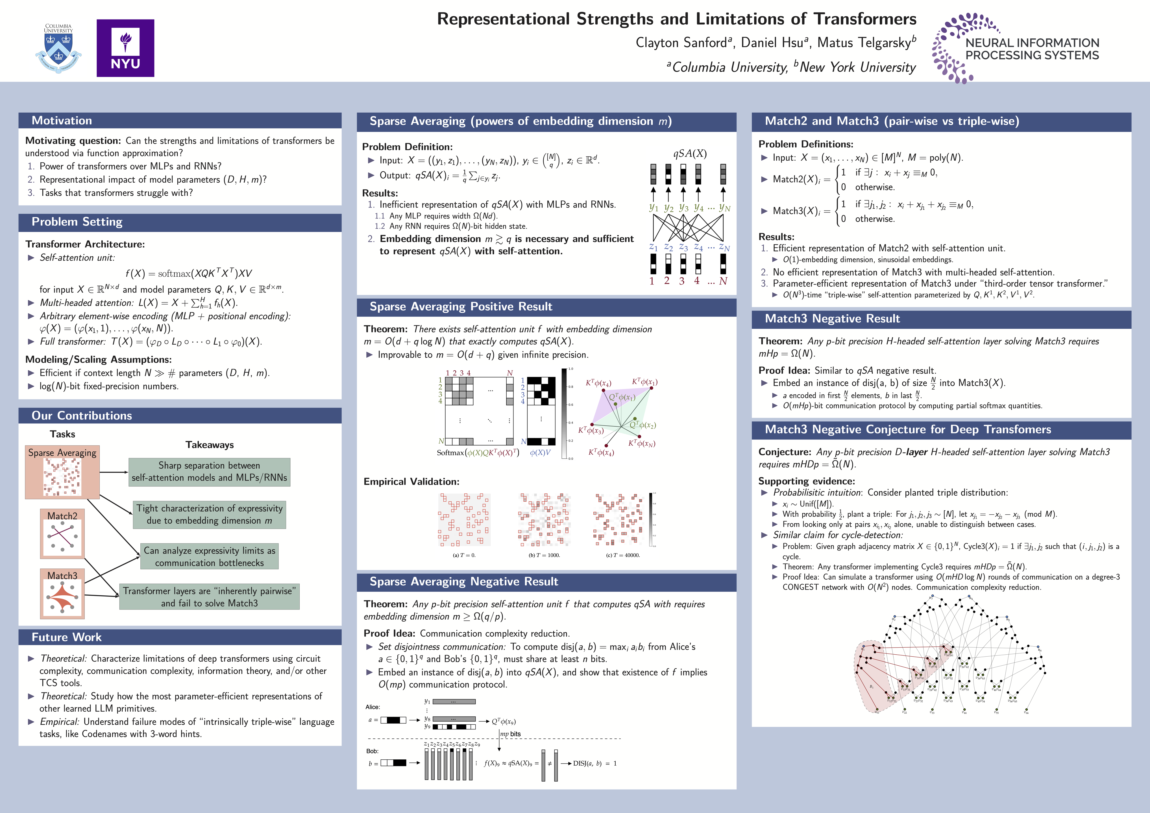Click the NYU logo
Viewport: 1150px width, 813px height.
click(x=125, y=48)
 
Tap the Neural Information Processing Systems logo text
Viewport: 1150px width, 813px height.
click(x=1032, y=49)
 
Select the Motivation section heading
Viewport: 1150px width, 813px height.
click(x=62, y=121)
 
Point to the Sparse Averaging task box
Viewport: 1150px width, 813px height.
click(x=62, y=472)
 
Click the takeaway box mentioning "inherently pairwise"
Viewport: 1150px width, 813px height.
click(x=209, y=597)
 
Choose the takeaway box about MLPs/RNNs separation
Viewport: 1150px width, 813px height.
click(x=209, y=472)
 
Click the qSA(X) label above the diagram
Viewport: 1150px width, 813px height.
click(x=690, y=154)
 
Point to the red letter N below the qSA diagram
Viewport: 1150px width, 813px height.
click(x=723, y=281)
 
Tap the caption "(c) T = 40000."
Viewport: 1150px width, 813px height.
click(x=622, y=555)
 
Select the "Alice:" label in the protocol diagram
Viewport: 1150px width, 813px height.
click(x=373, y=707)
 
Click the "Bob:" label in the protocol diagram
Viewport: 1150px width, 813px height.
click(x=372, y=751)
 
